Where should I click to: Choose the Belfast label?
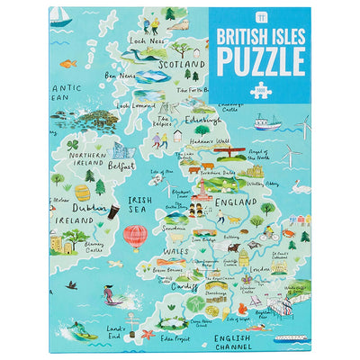click(x=120, y=166)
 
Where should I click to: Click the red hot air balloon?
click(x=135, y=236)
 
